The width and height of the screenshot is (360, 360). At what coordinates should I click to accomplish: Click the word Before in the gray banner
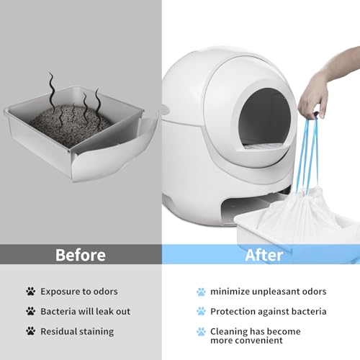point(81,255)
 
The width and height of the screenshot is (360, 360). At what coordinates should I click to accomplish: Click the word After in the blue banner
point(264,255)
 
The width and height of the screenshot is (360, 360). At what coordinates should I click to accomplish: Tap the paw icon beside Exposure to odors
point(31,292)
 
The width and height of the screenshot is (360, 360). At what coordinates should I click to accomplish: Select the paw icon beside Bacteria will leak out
point(31,311)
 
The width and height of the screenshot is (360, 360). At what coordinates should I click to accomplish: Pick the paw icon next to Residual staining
point(31,331)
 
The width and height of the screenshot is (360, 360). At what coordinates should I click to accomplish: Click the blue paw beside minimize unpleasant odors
point(201,292)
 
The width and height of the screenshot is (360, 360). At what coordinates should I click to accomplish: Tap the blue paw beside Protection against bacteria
point(201,311)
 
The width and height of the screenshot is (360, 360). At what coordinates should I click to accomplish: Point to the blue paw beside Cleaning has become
point(201,332)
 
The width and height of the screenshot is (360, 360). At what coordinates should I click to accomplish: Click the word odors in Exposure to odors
point(106,292)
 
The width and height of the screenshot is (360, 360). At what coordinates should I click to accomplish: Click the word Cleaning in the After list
point(228,332)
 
